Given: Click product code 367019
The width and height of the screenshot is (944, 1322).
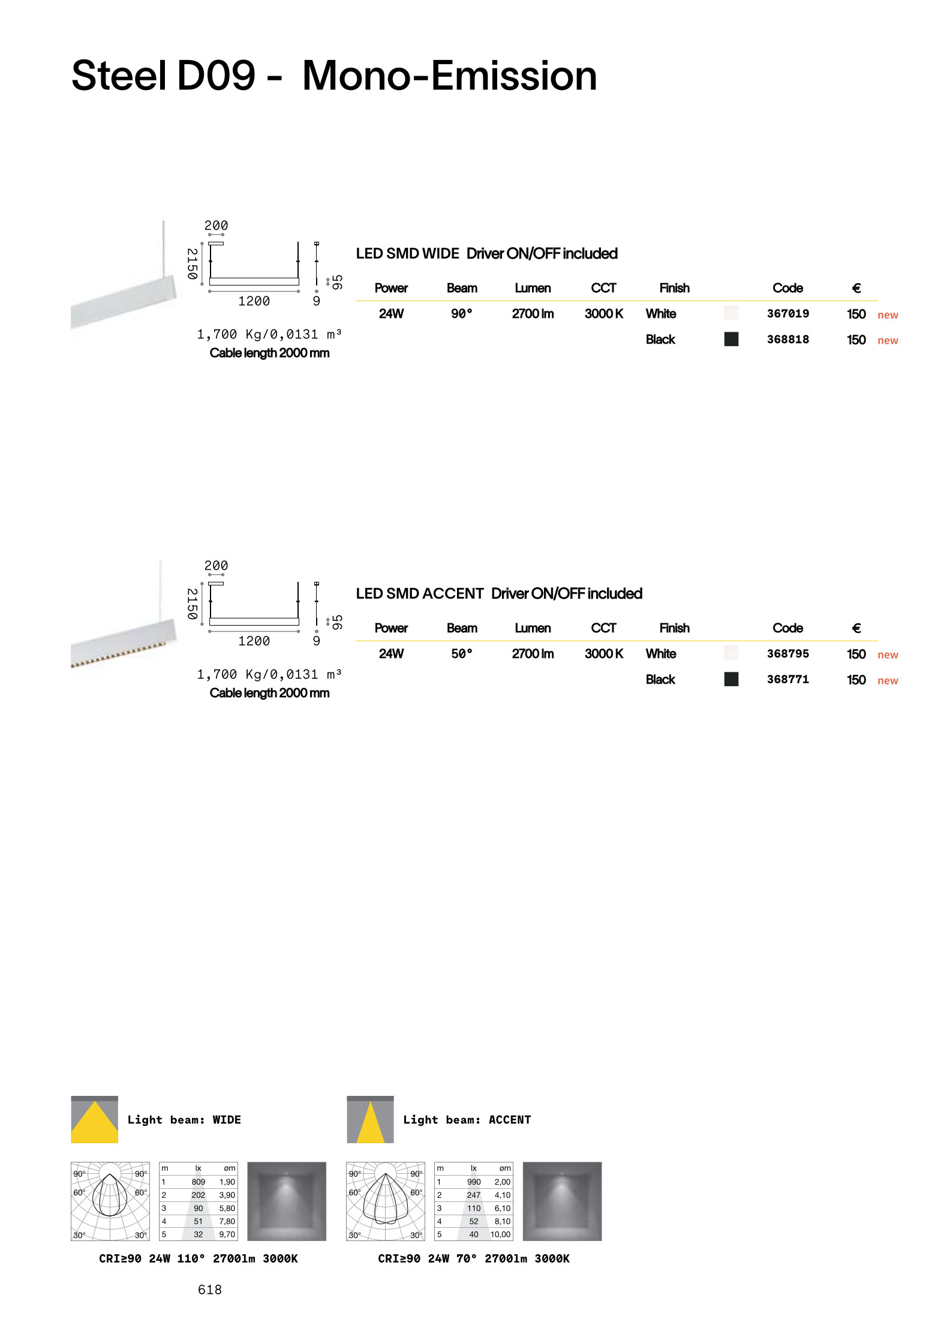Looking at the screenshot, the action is (x=787, y=314).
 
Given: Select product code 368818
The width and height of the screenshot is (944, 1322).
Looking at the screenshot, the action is (x=787, y=339).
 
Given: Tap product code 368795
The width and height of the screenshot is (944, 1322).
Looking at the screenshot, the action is (x=787, y=654).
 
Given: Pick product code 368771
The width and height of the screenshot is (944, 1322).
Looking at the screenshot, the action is (x=787, y=680).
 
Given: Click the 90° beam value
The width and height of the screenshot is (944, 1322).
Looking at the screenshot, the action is (x=462, y=314).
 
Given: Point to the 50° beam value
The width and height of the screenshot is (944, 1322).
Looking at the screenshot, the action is (x=462, y=654).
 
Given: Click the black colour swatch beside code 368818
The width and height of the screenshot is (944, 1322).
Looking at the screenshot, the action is (x=731, y=339).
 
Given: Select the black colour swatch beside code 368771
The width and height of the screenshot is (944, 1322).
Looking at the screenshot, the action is (x=731, y=679).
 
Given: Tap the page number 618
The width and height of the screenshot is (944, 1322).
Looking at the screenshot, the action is (x=210, y=1290).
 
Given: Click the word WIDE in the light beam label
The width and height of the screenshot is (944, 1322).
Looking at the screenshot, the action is (x=227, y=1120).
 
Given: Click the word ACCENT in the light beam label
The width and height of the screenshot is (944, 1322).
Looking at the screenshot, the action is (x=510, y=1120).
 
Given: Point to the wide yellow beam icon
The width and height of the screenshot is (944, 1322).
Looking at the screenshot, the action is (x=95, y=1120).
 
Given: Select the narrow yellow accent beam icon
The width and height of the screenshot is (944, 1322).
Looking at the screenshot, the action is (x=371, y=1120).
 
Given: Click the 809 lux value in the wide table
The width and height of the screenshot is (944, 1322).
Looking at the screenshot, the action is (x=199, y=1182).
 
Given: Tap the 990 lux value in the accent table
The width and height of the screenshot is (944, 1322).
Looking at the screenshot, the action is (x=474, y=1182).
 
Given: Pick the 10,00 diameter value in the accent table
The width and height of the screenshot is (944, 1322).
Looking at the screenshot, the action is (x=500, y=1234).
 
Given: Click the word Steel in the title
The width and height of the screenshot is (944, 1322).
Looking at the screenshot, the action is (x=119, y=76).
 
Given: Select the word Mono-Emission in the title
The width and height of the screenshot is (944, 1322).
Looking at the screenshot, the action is (x=450, y=76).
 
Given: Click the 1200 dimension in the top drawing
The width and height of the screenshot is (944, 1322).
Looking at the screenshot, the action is (x=254, y=301).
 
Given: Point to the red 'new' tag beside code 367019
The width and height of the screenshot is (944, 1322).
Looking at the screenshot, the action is (x=888, y=315).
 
